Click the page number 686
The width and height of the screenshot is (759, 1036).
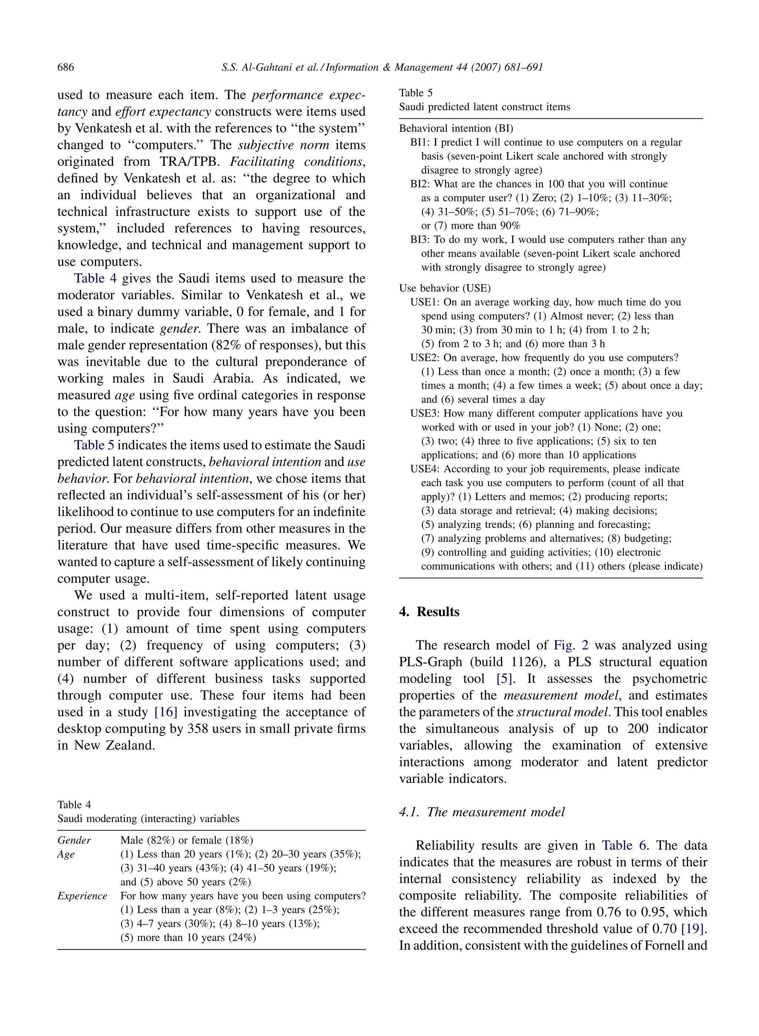pyautogui.click(x=65, y=67)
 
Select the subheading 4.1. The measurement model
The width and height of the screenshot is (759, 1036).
pyautogui.click(x=481, y=812)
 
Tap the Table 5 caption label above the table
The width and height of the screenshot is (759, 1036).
pyautogui.click(x=415, y=93)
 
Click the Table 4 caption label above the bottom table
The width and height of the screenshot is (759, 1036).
pyautogui.click(x=74, y=804)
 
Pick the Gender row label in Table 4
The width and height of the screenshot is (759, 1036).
pyautogui.click(x=74, y=840)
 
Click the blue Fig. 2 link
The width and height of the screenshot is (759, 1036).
pyautogui.click(x=571, y=645)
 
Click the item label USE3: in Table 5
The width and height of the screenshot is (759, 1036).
pyautogui.click(x=425, y=413)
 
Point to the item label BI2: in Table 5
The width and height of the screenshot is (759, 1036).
pyautogui.click(x=420, y=184)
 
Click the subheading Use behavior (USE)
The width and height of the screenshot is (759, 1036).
pyautogui.click(x=444, y=288)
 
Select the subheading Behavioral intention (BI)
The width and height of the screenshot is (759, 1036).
pyautogui.click(x=456, y=128)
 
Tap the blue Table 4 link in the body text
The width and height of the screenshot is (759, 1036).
pyautogui.click(x=96, y=278)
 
